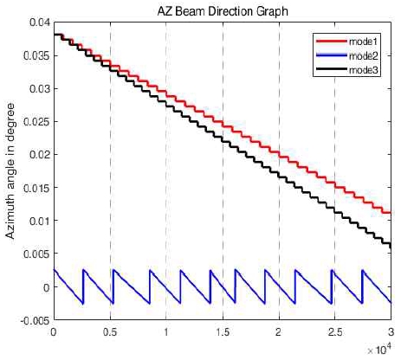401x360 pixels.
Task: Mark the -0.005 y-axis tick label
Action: tap(34, 319)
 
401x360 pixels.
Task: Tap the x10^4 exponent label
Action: tap(378, 348)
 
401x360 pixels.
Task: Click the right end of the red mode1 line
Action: tap(391, 212)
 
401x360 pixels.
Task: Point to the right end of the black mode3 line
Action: tap(391, 246)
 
